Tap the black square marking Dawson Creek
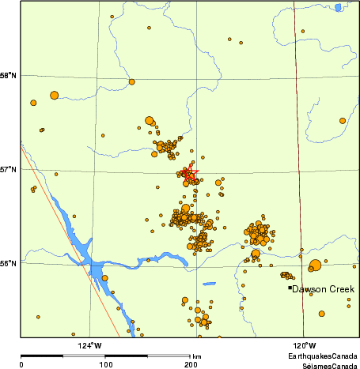[290, 288]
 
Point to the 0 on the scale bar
[21, 364]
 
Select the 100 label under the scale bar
[106, 364]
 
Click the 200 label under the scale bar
[191, 364]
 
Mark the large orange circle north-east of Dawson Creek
[316, 265]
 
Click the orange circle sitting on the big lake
[104, 278]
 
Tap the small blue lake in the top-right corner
[337, 9]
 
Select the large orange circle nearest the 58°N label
[54, 96]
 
